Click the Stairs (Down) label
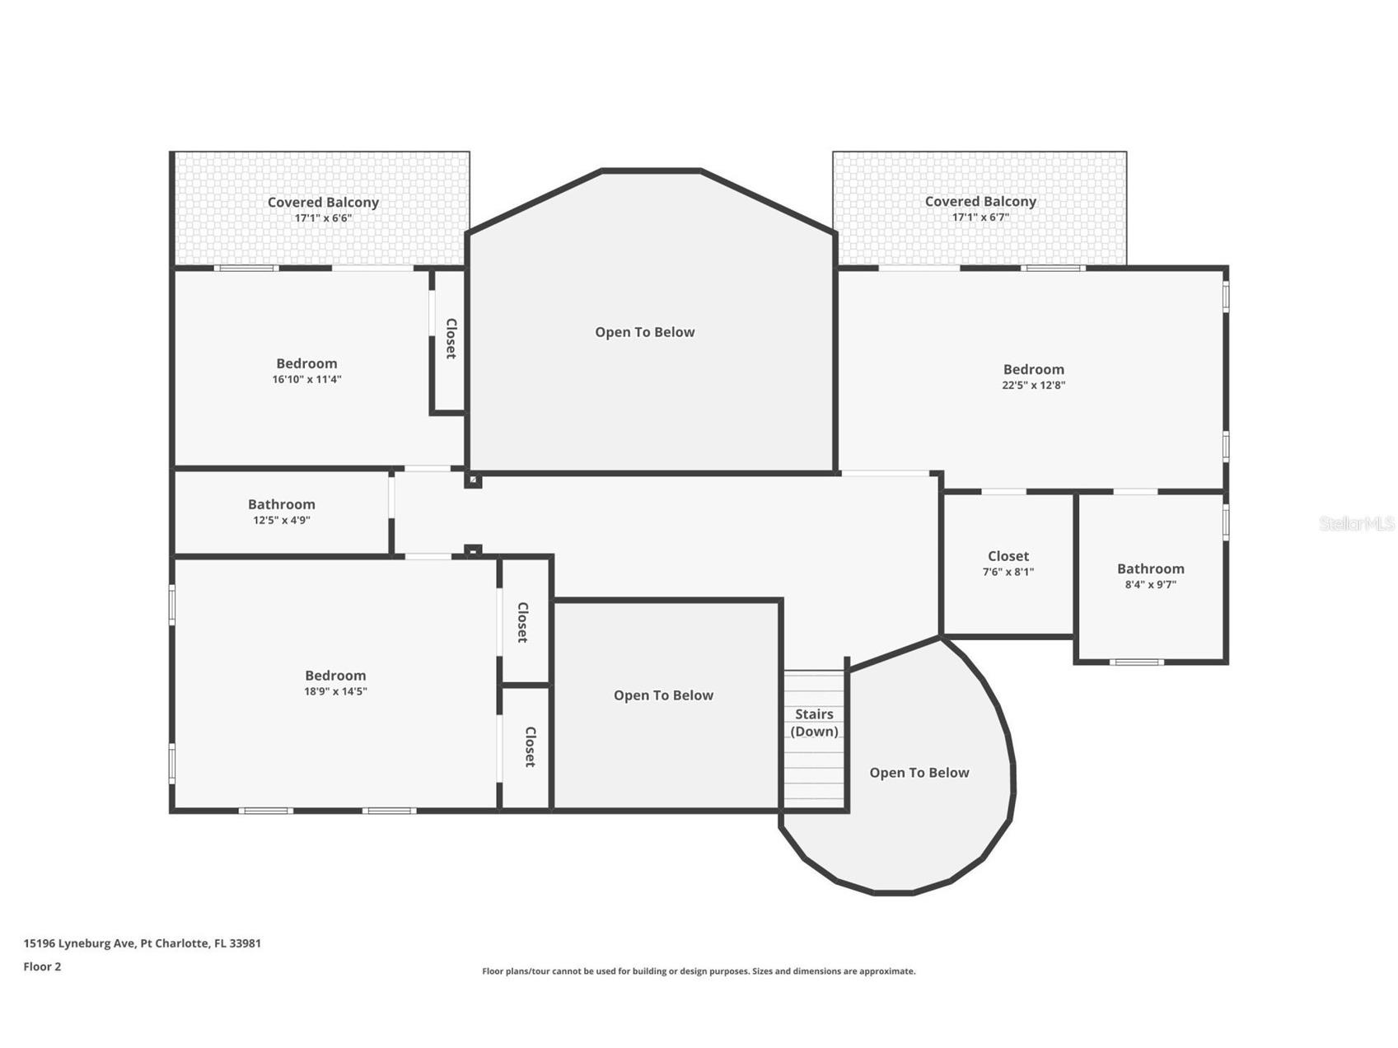point(814,723)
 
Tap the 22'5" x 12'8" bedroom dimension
point(1033,385)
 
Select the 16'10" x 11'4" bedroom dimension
point(306,380)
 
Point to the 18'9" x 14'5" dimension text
point(335,691)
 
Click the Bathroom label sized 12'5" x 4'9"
point(282,504)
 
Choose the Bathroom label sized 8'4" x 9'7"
point(1150,568)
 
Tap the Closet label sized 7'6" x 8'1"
point(1008,556)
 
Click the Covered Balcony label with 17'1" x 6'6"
point(323,202)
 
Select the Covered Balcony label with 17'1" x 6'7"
point(980,201)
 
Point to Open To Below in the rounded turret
point(919,773)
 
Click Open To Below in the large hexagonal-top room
point(645,332)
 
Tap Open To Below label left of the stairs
point(663,695)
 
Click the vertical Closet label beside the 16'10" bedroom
point(451,338)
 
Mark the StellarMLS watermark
point(1356,523)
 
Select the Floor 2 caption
point(42,966)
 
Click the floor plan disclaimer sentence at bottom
point(699,971)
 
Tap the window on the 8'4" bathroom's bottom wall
point(1136,662)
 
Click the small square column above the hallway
point(473,480)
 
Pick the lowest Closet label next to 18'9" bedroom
point(530,746)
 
